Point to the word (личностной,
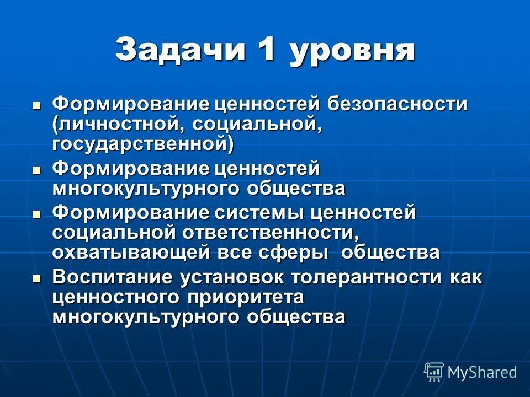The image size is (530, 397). [x=119, y=124]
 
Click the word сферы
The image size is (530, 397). [x=303, y=253]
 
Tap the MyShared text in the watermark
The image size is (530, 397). [x=482, y=372]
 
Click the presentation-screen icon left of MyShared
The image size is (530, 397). [x=434, y=372]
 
